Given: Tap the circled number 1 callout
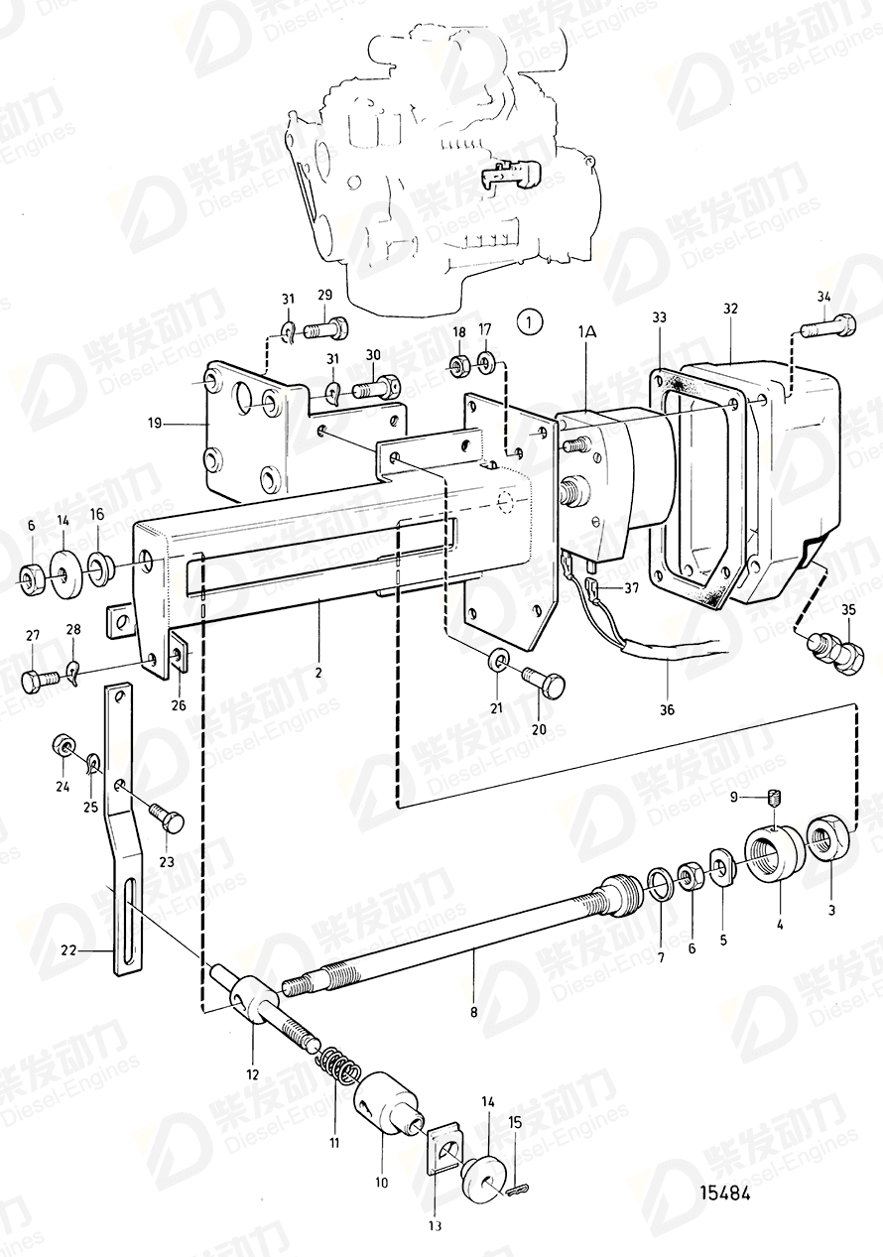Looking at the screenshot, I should [x=531, y=321].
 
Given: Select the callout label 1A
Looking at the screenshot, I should [x=586, y=334].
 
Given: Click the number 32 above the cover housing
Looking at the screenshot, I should [x=731, y=309].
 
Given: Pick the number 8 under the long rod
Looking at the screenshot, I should [x=474, y=1012].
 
